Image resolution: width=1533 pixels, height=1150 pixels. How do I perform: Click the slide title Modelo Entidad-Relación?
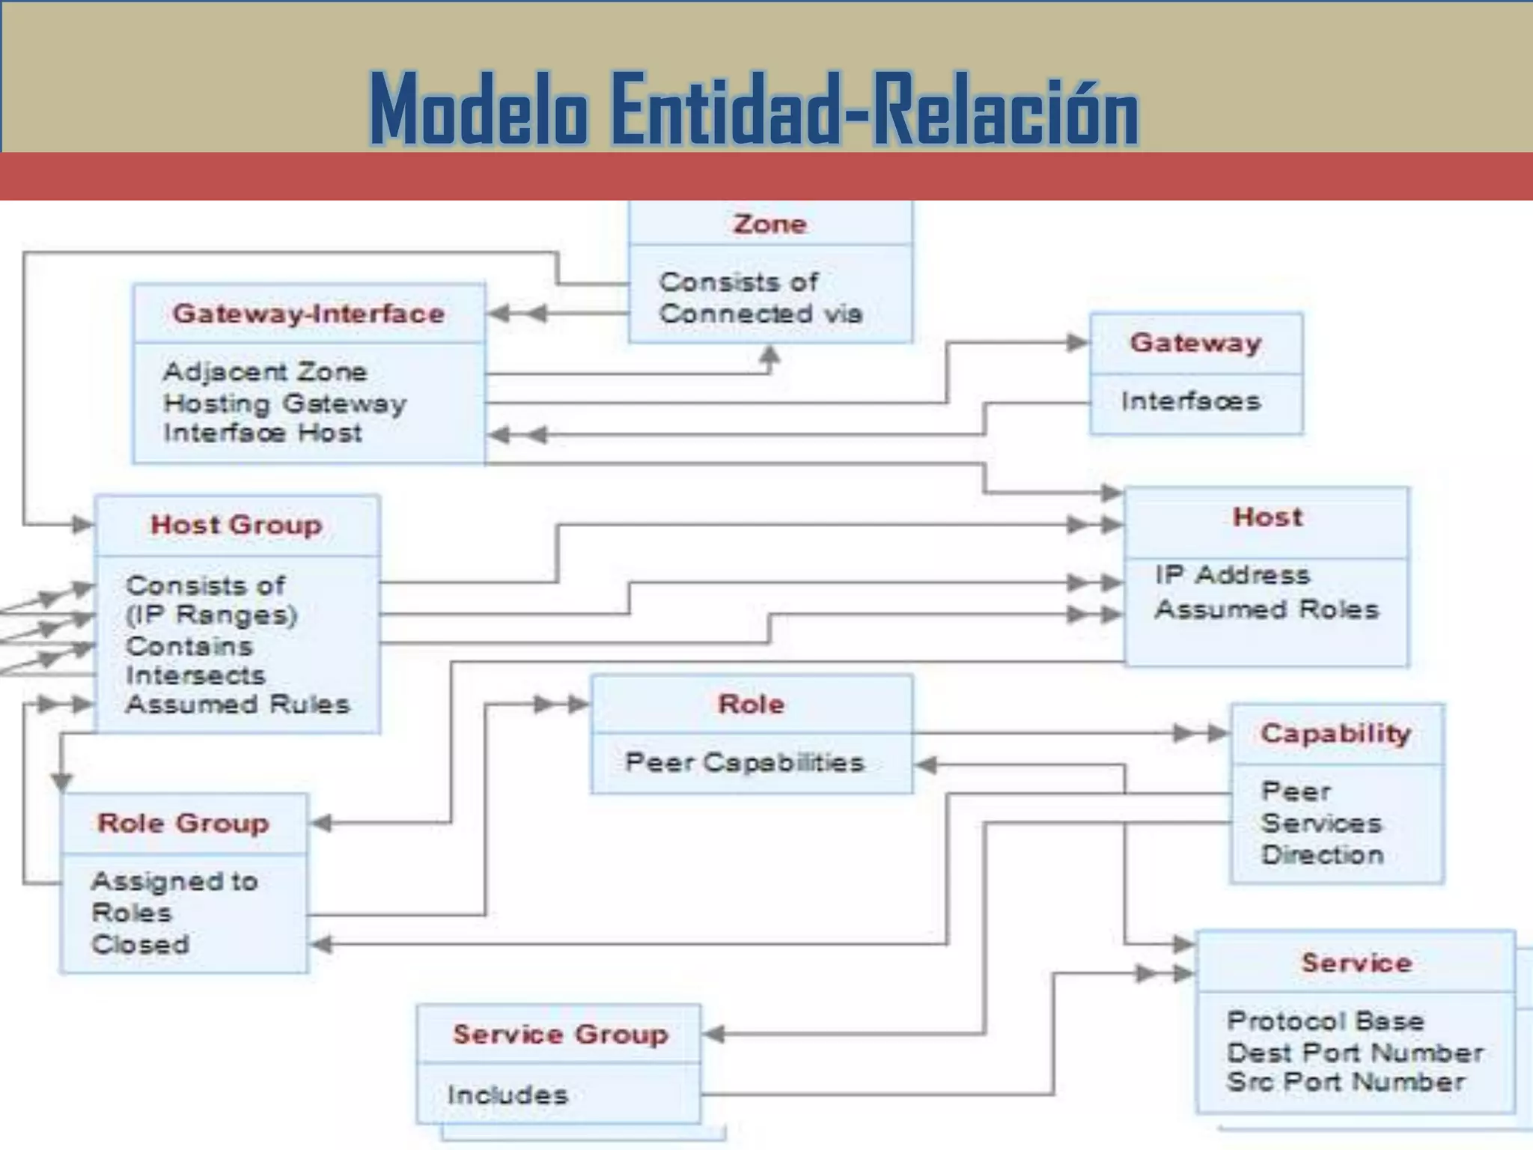click(x=754, y=109)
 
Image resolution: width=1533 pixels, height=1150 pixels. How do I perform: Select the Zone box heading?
click(x=769, y=224)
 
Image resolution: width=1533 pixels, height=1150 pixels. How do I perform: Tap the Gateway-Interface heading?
click(x=308, y=314)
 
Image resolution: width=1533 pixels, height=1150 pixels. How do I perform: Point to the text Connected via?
click(x=761, y=313)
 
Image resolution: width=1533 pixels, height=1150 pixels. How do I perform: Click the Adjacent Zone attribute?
click(x=265, y=371)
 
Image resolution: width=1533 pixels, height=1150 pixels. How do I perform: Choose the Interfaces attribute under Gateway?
click(x=1190, y=401)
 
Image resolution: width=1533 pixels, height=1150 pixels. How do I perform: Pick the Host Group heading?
click(x=237, y=525)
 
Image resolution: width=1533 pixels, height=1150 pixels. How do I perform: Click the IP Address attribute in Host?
click(x=1232, y=575)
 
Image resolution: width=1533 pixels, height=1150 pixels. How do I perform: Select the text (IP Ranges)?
click(x=211, y=615)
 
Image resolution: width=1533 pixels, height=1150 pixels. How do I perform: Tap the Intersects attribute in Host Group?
click(x=195, y=675)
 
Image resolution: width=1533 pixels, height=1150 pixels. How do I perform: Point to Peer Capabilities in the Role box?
click(x=745, y=762)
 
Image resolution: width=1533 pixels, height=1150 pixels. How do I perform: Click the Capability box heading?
click(x=1335, y=733)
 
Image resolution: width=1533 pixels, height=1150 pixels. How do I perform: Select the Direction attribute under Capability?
click(x=1322, y=854)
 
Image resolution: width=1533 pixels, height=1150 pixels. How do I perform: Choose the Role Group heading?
click(x=183, y=823)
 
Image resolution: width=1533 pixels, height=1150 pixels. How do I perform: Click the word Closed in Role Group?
click(x=140, y=944)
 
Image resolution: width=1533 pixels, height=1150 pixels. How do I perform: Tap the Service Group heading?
click(x=560, y=1034)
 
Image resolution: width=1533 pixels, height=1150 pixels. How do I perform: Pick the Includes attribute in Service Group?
click(x=508, y=1095)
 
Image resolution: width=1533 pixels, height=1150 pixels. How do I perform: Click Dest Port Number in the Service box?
click(x=1355, y=1052)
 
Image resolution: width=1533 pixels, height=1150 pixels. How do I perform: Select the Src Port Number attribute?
click(x=1345, y=1082)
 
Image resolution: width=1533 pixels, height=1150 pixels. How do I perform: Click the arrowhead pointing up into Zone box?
click(x=769, y=355)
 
